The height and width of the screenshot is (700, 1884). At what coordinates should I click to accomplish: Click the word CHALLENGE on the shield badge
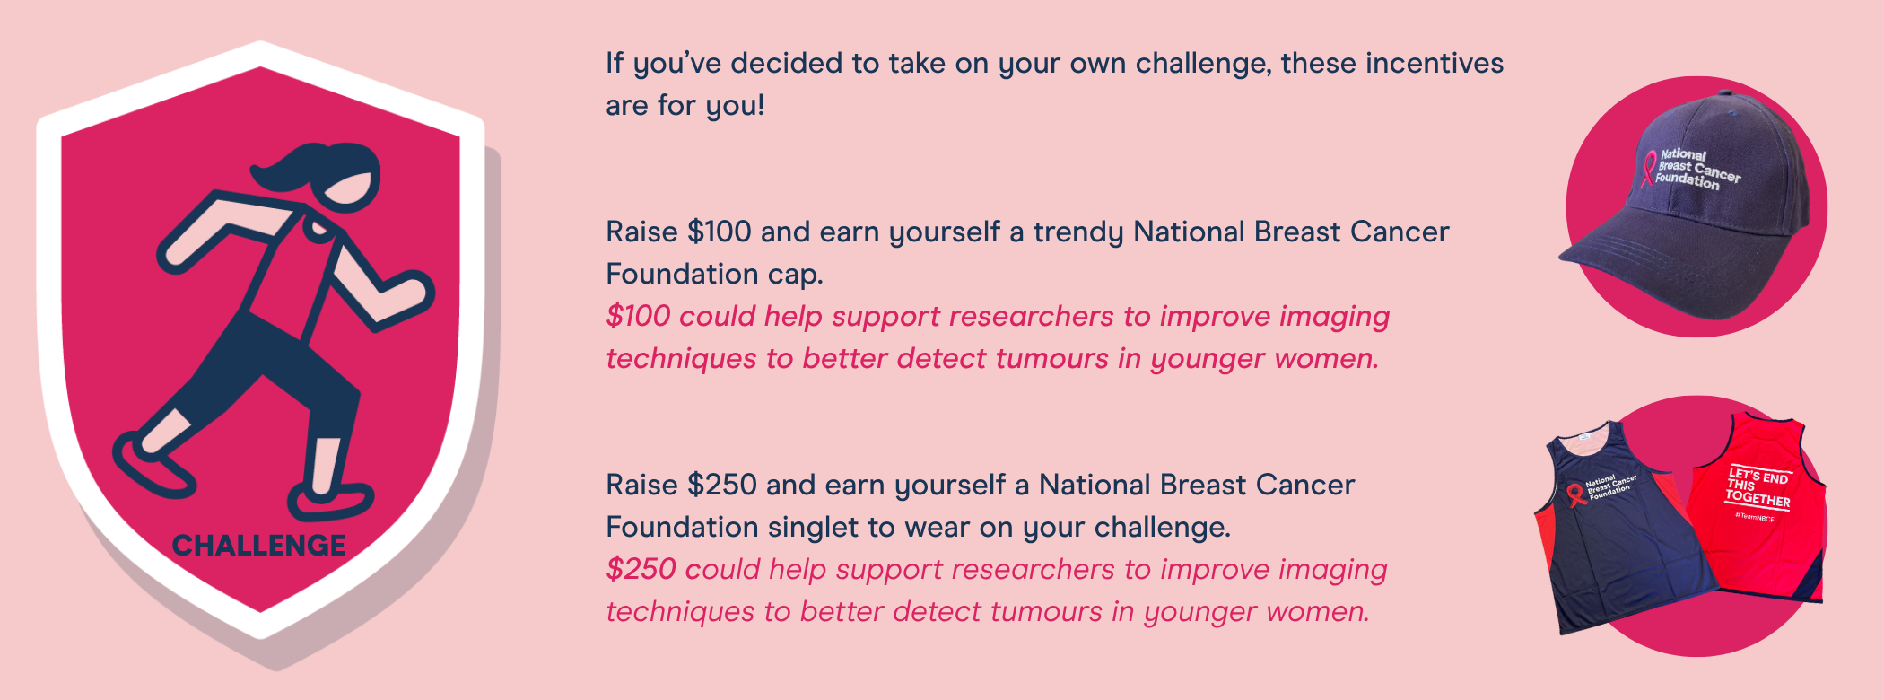click(258, 545)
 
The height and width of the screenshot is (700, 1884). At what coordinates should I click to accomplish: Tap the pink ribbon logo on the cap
click(1647, 169)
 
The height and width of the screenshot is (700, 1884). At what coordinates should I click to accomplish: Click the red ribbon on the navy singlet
click(1576, 494)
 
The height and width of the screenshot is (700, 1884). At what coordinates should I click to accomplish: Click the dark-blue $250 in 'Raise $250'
click(721, 485)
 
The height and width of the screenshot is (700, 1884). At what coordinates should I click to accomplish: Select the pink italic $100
click(638, 316)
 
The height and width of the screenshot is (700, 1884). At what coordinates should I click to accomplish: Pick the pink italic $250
click(641, 569)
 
